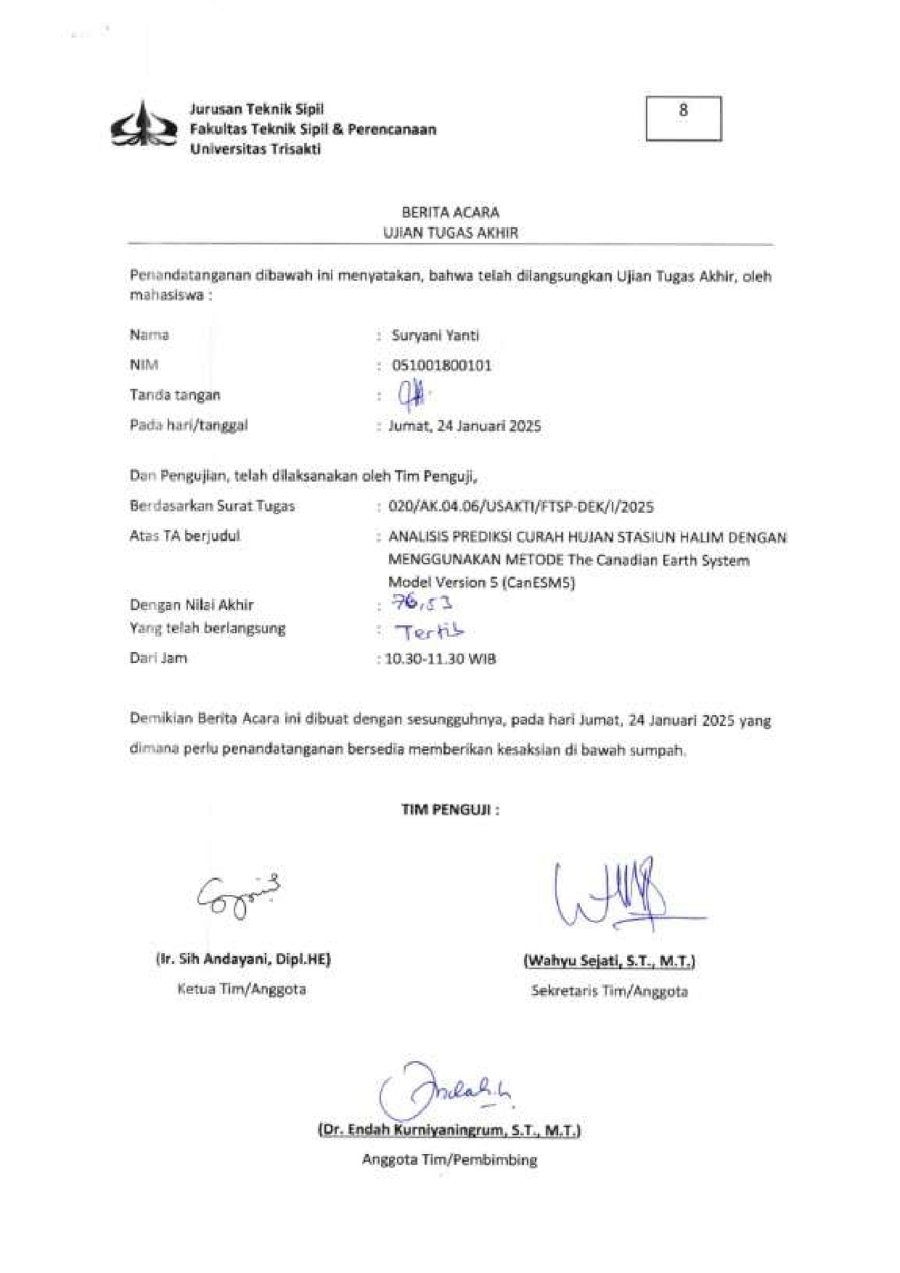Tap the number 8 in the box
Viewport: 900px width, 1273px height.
point(683,110)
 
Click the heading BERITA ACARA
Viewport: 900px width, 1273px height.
point(450,213)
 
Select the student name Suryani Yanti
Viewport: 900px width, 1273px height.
point(435,335)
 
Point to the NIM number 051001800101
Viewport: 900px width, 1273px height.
point(441,365)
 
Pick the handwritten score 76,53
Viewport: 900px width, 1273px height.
point(421,603)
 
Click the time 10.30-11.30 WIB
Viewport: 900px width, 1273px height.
point(441,659)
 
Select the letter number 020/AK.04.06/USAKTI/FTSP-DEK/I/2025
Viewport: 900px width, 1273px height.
point(521,506)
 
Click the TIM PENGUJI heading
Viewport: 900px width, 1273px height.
point(450,809)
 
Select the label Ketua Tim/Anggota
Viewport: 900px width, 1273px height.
point(242,989)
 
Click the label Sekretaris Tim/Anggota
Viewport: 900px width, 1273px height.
point(609,991)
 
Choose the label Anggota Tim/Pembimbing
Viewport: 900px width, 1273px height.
point(450,1160)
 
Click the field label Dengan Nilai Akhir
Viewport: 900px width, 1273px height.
point(192,605)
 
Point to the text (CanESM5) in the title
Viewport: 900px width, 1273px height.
point(539,582)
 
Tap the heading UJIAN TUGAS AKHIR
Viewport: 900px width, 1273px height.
point(450,233)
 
